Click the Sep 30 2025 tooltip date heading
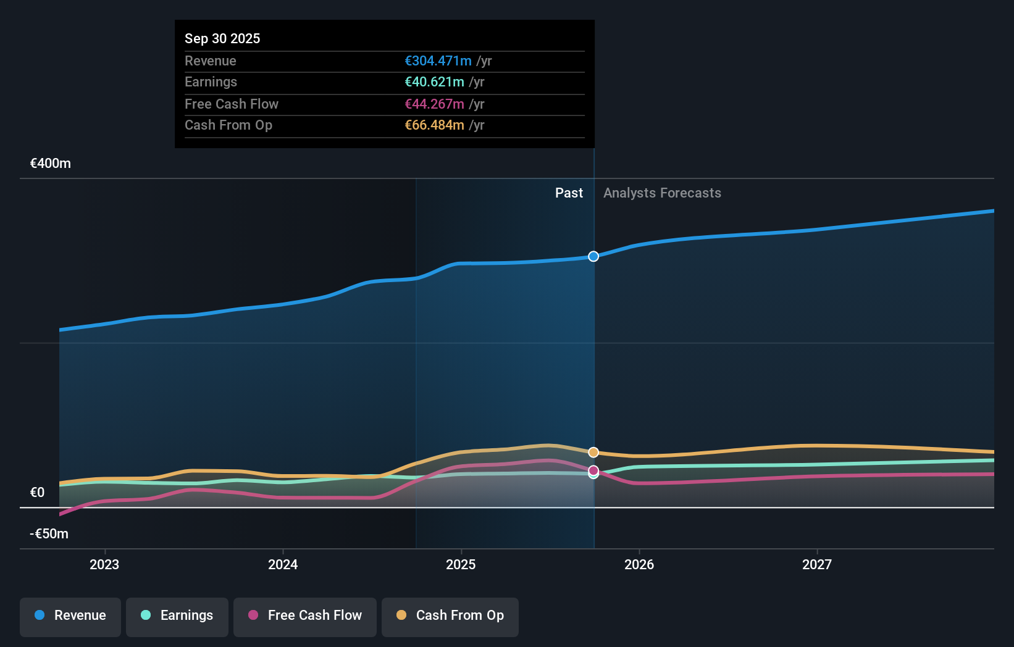tap(222, 38)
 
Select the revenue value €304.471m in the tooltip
tap(438, 61)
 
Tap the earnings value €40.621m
tap(434, 81)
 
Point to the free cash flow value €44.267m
tap(434, 104)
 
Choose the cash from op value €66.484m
tap(434, 125)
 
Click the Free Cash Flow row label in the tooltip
tap(232, 104)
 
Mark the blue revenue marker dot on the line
tap(593, 256)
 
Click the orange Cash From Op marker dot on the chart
tap(593, 453)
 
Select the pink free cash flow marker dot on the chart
tap(593, 470)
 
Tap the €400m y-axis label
tap(51, 163)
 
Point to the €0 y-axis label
tap(37, 492)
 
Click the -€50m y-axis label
tap(49, 533)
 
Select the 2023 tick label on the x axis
tap(104, 564)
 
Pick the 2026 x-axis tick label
tap(639, 564)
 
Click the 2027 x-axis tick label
tap(817, 564)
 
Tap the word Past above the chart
tap(569, 193)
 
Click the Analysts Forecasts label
tap(662, 193)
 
